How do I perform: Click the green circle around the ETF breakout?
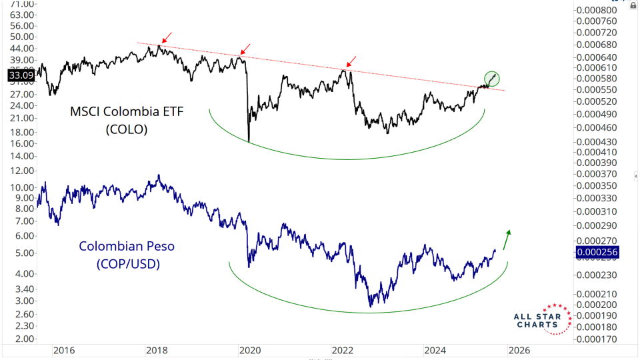pos(492,77)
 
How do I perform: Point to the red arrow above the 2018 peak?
pos(165,37)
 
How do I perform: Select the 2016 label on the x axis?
pos(63,351)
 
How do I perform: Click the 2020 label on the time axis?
pos(249,351)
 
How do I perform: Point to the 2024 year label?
pos(435,351)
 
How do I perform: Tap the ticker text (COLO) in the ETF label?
pos(125,131)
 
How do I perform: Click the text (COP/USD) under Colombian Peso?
pos(127,265)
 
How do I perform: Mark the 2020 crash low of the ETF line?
pos(249,141)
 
